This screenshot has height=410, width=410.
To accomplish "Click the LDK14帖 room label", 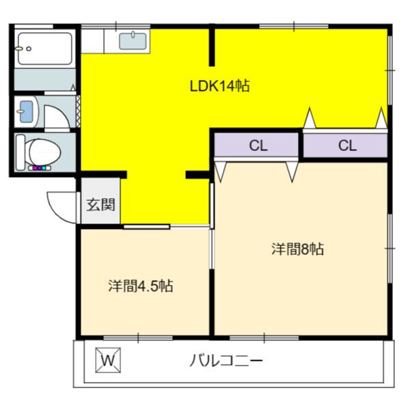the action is pyautogui.click(x=219, y=86).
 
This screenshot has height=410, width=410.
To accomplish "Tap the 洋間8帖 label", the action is pyautogui.click(x=297, y=249).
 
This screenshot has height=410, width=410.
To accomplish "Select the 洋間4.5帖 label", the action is pyautogui.click(x=140, y=286).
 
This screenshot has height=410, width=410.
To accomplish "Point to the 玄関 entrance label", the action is pyautogui.click(x=100, y=205).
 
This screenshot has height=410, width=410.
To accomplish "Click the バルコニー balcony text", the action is pyautogui.click(x=226, y=360).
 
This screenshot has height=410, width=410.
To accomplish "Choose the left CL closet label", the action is pyautogui.click(x=258, y=146).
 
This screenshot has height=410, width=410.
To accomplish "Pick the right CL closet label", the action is pyautogui.click(x=347, y=146).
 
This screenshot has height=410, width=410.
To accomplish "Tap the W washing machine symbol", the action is pyautogui.click(x=108, y=360).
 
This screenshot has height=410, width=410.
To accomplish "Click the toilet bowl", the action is pyautogui.click(x=44, y=152).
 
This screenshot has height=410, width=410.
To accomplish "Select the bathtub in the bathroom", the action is pyautogui.click(x=45, y=49).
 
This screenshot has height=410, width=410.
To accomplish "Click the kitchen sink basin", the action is pyautogui.click(x=133, y=41).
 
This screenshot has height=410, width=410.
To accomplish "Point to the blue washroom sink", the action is pyautogui.click(x=27, y=111).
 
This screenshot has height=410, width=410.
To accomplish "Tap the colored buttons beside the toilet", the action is pyautogui.click(x=40, y=168).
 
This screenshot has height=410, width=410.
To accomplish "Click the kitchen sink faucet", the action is pyautogui.click(x=133, y=34).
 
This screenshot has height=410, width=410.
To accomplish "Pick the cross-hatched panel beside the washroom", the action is pyautogui.click(x=78, y=111).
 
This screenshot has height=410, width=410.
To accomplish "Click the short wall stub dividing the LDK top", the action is pyautogui.click(x=212, y=45).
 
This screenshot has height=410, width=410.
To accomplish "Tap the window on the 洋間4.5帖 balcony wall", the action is pyautogui.click(x=138, y=338).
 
